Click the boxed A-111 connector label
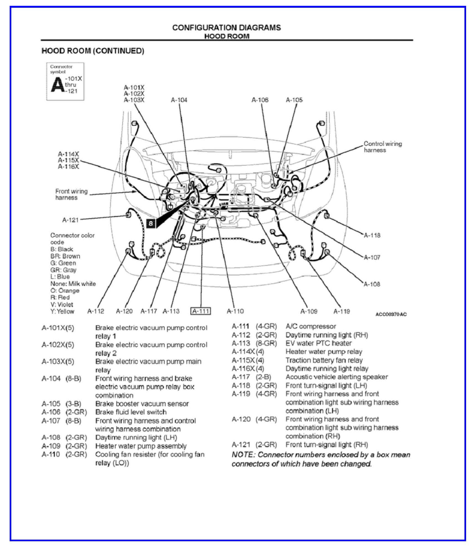click(201, 311)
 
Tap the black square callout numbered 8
click(150, 223)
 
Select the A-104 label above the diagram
click(179, 100)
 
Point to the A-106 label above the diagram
click(260, 100)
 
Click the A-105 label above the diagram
click(294, 100)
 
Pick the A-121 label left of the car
click(70, 220)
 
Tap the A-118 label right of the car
click(372, 235)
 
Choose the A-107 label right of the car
click(372, 257)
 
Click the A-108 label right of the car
click(372, 284)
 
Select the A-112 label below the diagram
click(95, 311)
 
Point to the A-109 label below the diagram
click(309, 312)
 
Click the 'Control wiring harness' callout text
click(382, 147)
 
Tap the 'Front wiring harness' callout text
click(71, 194)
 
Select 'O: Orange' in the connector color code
click(65, 291)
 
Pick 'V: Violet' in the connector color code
click(62, 304)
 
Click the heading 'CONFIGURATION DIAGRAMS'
click(226, 28)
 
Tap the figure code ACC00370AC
click(391, 314)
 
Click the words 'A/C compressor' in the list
click(310, 326)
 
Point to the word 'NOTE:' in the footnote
click(243, 455)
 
